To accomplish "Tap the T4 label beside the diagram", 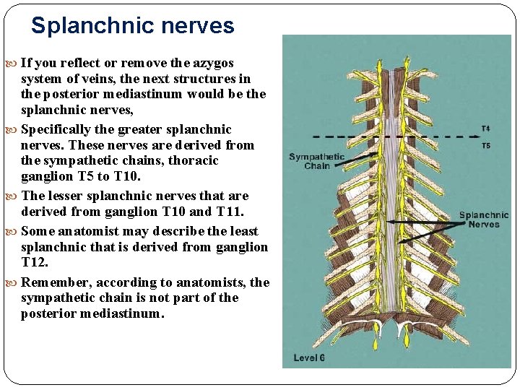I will pyautogui.click(x=485, y=129).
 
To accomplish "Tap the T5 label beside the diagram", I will pyautogui.click(x=485, y=145).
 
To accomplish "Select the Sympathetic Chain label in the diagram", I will pyautogui.click(x=317, y=161).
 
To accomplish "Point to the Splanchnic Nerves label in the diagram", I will pyautogui.click(x=483, y=220).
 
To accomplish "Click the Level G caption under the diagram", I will pyautogui.click(x=308, y=358).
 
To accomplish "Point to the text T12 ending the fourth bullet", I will pyautogui.click(x=35, y=263).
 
